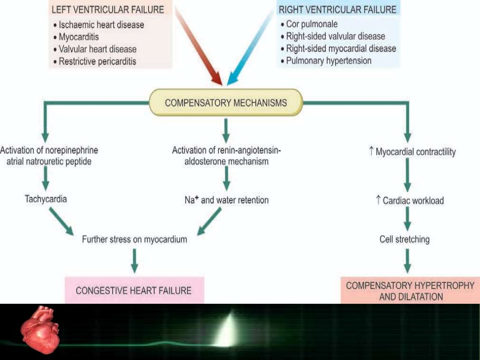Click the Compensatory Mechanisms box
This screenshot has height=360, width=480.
225,102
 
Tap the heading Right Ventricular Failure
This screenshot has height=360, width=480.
337,9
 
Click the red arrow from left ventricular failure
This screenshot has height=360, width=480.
199,47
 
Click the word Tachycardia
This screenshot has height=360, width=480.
45,199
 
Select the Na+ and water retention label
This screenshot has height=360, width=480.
226,200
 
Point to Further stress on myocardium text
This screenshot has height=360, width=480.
135,240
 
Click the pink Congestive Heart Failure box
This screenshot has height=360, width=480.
134,290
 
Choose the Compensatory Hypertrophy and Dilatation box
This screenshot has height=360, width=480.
410,291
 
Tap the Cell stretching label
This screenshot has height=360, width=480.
404,240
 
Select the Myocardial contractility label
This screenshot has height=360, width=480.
412,152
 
